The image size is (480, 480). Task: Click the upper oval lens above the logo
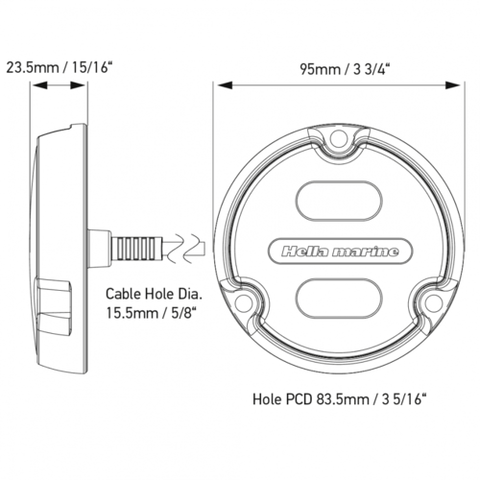click(x=337, y=201)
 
